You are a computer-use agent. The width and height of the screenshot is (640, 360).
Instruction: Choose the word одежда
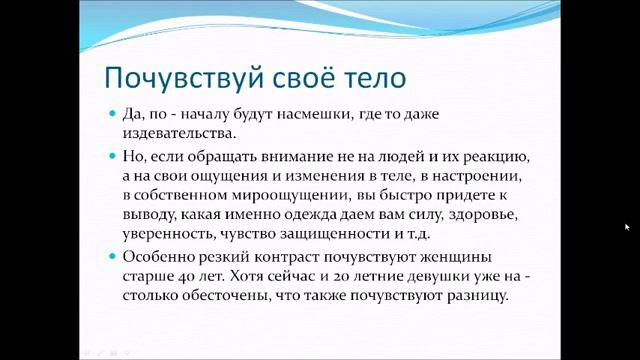pos(309,214)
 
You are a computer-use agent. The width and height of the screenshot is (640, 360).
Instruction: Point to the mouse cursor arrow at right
pos(627,227)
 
